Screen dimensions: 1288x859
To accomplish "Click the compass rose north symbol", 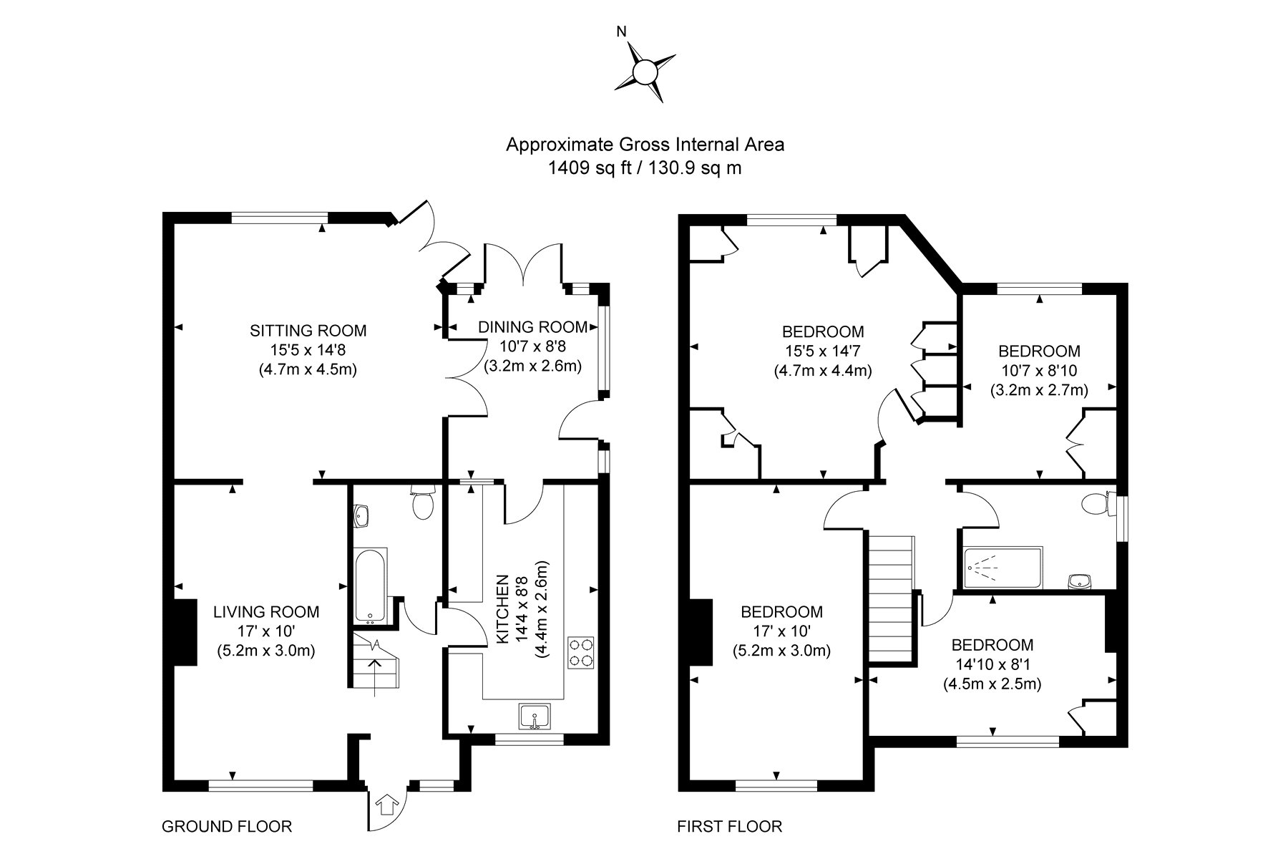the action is (x=644, y=72).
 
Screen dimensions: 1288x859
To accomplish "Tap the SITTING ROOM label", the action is (x=308, y=331).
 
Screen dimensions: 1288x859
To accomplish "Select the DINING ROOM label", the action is (x=532, y=327).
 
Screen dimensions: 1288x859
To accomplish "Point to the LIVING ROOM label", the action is (x=266, y=612).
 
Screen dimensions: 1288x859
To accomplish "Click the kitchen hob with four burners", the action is (x=580, y=652).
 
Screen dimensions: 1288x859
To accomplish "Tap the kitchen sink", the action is (x=534, y=717).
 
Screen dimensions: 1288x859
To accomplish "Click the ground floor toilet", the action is (x=423, y=503).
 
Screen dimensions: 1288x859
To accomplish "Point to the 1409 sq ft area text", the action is (x=581, y=168).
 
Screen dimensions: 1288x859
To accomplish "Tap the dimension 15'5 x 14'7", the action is (x=823, y=351).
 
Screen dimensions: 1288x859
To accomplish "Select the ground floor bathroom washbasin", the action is (x=362, y=515).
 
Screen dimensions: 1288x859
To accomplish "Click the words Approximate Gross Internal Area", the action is (x=645, y=145).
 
